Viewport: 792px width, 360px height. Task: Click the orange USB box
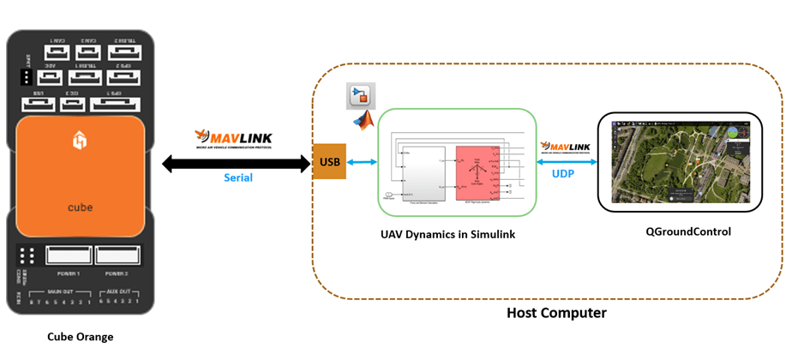point(329,161)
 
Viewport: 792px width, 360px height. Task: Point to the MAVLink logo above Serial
point(231,137)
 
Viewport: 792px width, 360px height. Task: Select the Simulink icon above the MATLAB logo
point(360,96)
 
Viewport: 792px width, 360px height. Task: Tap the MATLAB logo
point(365,120)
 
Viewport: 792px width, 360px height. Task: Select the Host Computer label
point(556,313)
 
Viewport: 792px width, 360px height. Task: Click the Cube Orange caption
point(80,337)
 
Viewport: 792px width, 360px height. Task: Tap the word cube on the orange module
point(80,208)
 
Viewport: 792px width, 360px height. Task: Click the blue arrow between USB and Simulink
point(363,161)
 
